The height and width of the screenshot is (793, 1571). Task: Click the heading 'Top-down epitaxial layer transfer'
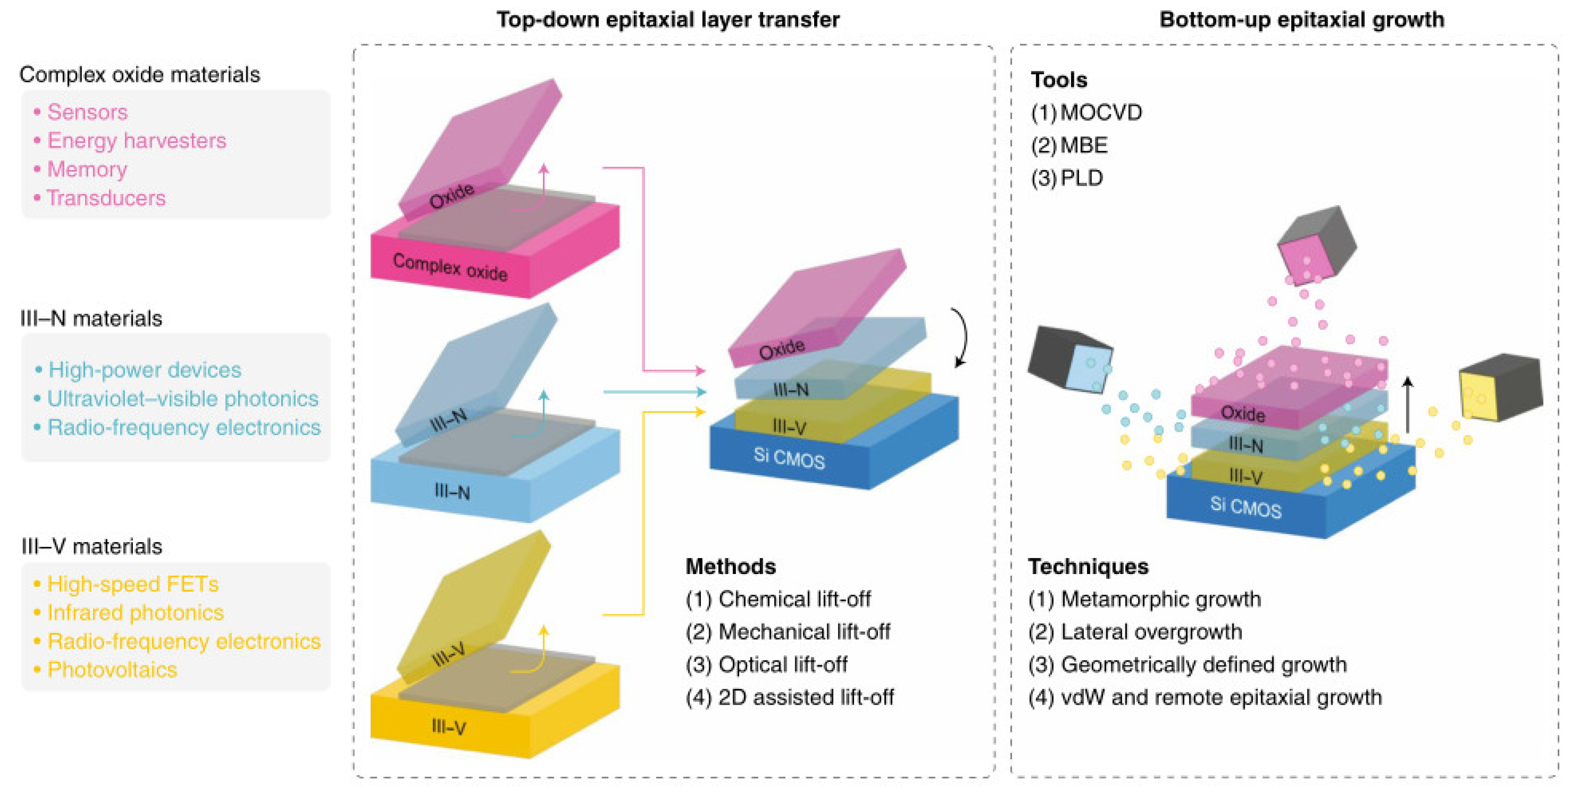click(x=667, y=20)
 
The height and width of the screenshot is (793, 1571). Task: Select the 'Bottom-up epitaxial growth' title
click(x=1301, y=20)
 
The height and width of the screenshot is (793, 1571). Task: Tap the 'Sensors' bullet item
click(x=87, y=112)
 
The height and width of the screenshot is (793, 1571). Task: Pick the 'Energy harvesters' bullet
click(x=137, y=141)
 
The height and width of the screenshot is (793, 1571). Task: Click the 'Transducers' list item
click(x=106, y=198)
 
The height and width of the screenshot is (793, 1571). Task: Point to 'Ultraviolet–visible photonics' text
click(x=182, y=399)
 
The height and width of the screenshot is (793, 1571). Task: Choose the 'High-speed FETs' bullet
click(x=132, y=584)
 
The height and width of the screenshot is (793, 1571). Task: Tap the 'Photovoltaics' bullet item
click(x=112, y=670)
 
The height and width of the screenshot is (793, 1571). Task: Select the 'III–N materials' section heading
click(x=92, y=319)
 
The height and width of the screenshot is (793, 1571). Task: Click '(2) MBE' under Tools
click(x=1069, y=145)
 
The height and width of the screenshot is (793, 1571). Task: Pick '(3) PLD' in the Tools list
click(x=1067, y=178)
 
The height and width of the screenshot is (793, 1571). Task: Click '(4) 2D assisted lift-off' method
click(x=789, y=697)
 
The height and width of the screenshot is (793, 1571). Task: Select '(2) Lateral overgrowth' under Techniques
click(x=1135, y=632)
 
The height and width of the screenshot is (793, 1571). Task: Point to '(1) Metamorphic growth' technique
click(x=1144, y=599)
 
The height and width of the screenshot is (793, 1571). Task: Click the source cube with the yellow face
click(x=1500, y=388)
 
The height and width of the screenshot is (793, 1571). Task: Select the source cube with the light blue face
click(x=1070, y=360)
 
